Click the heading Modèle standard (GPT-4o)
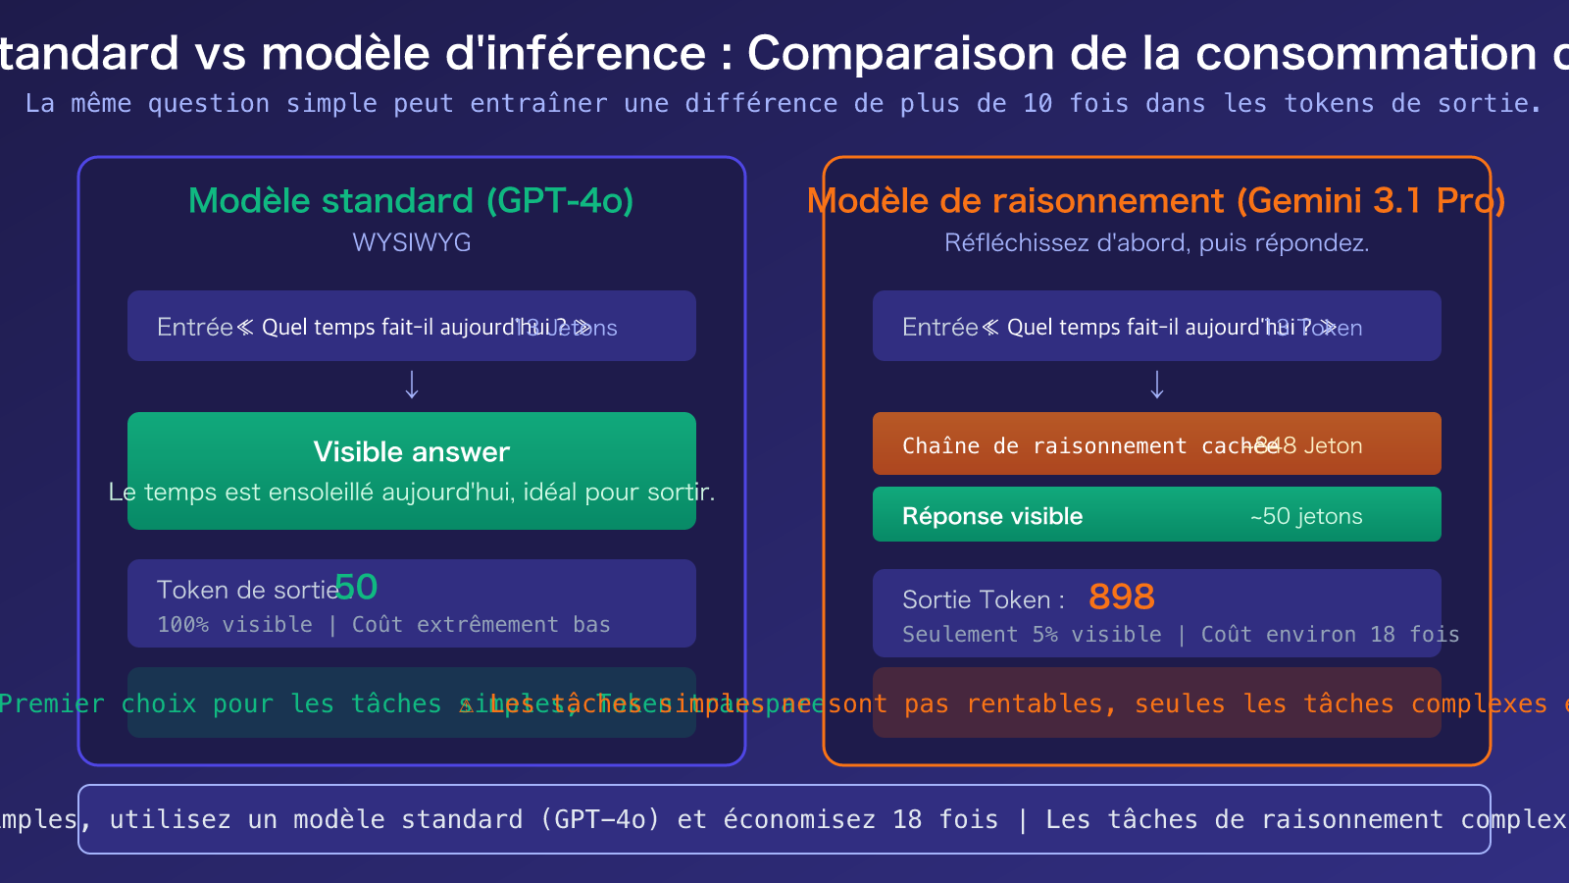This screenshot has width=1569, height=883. coord(411,201)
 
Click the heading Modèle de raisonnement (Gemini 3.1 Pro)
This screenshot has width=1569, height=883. coord(1156,201)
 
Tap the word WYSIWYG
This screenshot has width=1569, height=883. coord(411,242)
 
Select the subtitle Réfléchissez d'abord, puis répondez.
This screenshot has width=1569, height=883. coord(1156,242)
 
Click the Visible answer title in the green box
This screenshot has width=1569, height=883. coord(411,452)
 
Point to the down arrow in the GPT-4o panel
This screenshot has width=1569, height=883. coord(412,385)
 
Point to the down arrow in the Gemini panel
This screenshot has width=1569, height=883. coord(1157,385)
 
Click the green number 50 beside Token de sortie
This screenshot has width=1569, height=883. coord(356,588)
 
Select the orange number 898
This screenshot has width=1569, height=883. coord(1121,597)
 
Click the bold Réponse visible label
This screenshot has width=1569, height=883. coord(991,517)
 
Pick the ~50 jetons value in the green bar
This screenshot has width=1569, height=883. coord(1305,517)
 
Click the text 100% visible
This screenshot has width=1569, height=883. coord(234,625)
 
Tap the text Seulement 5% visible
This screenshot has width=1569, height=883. coord(1031,635)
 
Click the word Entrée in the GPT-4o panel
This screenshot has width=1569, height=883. coord(194,328)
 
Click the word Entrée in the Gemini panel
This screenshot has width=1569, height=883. coord(939,328)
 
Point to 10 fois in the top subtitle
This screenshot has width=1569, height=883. coord(1068,104)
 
